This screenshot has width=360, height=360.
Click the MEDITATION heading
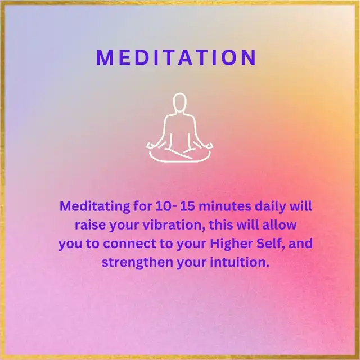tap(176, 57)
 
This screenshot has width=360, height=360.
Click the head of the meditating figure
tap(179, 102)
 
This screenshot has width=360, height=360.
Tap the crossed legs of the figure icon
tap(180, 155)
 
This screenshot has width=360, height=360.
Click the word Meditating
tap(95, 206)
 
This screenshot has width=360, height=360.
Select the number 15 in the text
tap(187, 206)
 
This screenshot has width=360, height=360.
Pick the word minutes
tap(225, 206)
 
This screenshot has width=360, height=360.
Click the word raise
tap(90, 225)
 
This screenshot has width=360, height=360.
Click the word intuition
tap(240, 262)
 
